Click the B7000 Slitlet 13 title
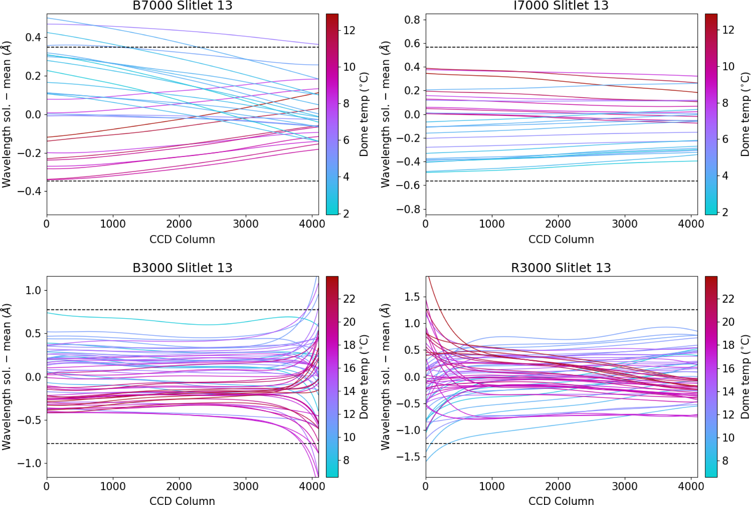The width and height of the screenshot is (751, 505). coord(182,5)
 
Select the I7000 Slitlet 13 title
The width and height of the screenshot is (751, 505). coord(561,5)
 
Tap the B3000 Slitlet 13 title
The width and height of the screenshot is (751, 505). coord(182,268)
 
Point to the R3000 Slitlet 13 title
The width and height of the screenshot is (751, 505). coord(561,268)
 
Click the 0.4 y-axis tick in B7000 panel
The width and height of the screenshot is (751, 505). coord(33,37)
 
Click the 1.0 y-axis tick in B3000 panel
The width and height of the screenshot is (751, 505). coord(33,291)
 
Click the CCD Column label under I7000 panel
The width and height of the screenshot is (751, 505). coord(561,239)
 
